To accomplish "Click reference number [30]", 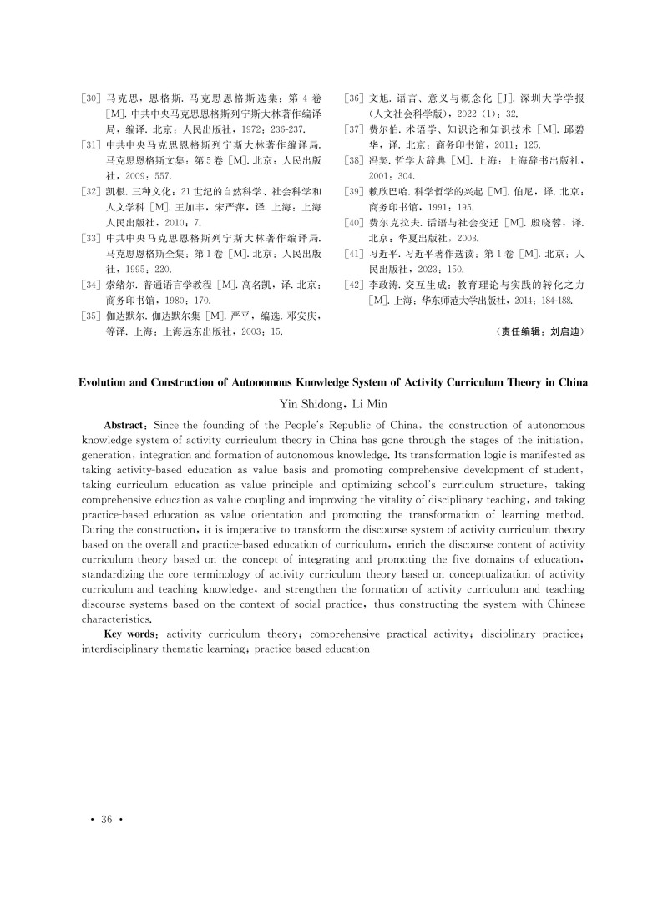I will coord(91,98).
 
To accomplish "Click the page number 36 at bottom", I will coord(106,819).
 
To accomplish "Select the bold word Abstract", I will coord(125,425).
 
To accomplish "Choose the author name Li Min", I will coord(365,403).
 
